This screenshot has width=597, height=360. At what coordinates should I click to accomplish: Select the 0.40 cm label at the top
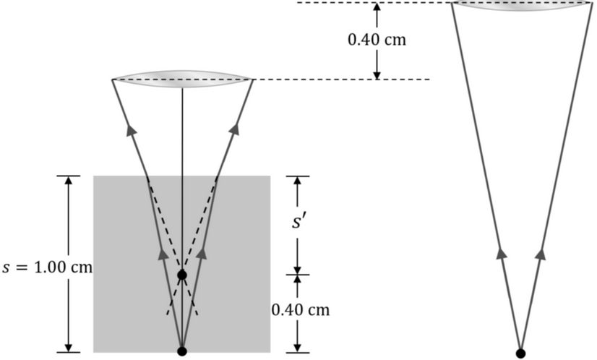tap(377, 39)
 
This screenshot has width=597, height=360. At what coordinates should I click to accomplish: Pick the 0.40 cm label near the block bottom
tap(300, 310)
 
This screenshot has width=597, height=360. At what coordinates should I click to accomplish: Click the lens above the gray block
tap(183, 78)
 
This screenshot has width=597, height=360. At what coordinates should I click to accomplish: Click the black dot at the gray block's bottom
tap(182, 351)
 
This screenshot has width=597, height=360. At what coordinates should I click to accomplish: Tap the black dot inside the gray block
tap(182, 275)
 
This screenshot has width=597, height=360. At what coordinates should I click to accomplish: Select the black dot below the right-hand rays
tap(520, 353)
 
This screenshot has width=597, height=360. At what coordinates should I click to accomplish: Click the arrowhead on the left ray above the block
tap(132, 129)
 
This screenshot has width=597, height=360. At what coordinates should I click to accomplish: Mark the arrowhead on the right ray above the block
tap(233, 129)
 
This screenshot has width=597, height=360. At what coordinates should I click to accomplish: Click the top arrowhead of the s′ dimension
tap(297, 181)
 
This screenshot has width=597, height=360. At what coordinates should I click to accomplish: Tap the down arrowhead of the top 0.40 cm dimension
tap(377, 74)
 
